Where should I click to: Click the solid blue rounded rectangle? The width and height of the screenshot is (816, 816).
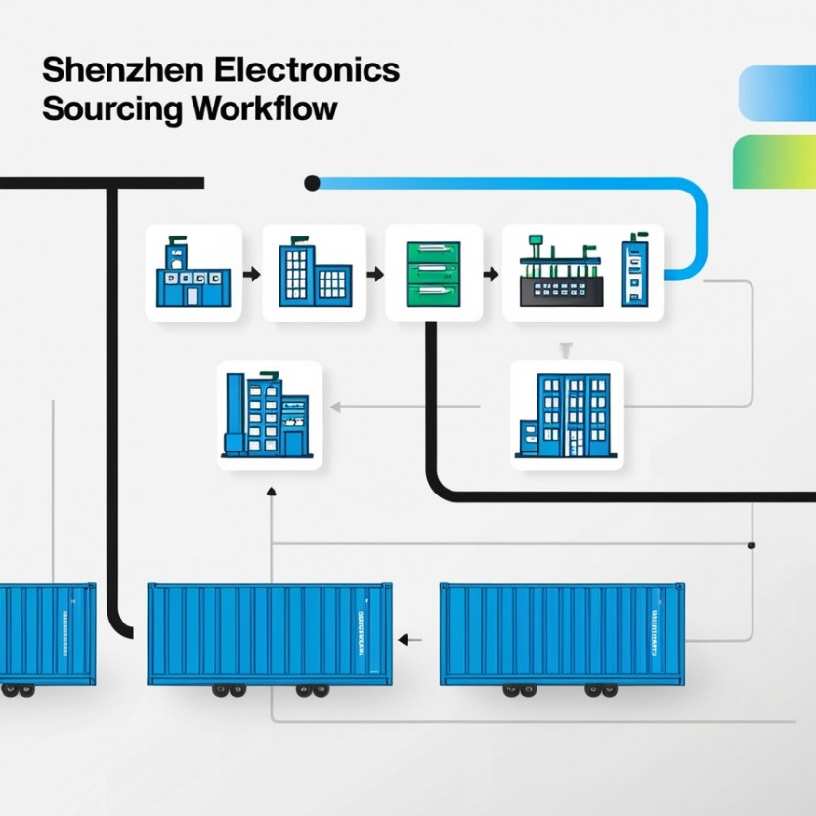(778, 92)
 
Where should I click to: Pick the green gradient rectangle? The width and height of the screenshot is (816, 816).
(774, 161)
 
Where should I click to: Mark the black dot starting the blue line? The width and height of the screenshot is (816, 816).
(313, 182)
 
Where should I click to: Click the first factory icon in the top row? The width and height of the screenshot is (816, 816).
(192, 273)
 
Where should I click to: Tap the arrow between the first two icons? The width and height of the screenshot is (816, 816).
(252, 274)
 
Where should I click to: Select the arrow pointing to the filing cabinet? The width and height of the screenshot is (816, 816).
(374, 274)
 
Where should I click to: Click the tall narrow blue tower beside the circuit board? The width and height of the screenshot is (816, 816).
(633, 271)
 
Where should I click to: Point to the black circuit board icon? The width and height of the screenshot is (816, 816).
(558, 278)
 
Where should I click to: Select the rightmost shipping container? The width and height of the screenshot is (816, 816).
(561, 634)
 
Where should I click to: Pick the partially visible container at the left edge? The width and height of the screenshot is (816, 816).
(47, 635)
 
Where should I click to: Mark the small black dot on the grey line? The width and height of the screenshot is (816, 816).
(751, 545)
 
